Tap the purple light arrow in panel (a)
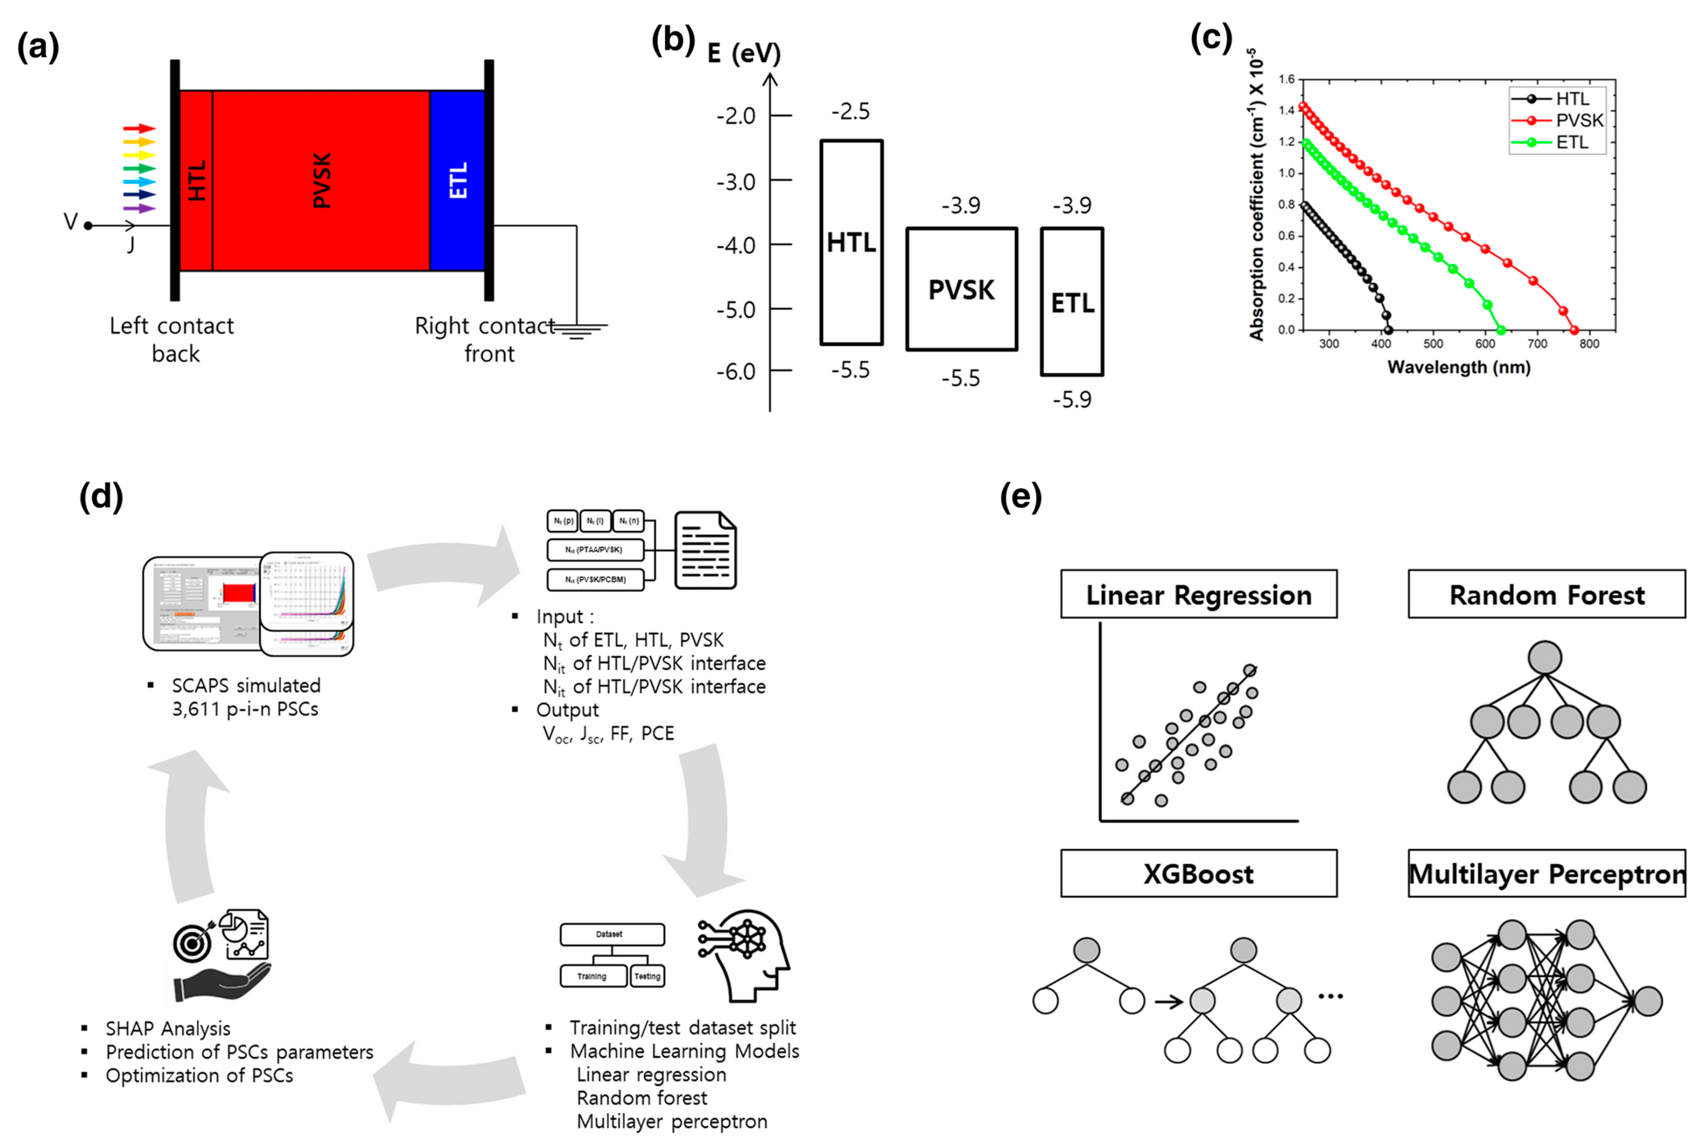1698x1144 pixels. (139, 209)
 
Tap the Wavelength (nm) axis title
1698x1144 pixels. (1458, 367)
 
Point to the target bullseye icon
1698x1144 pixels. (192, 943)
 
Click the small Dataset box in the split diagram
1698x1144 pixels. (611, 934)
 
